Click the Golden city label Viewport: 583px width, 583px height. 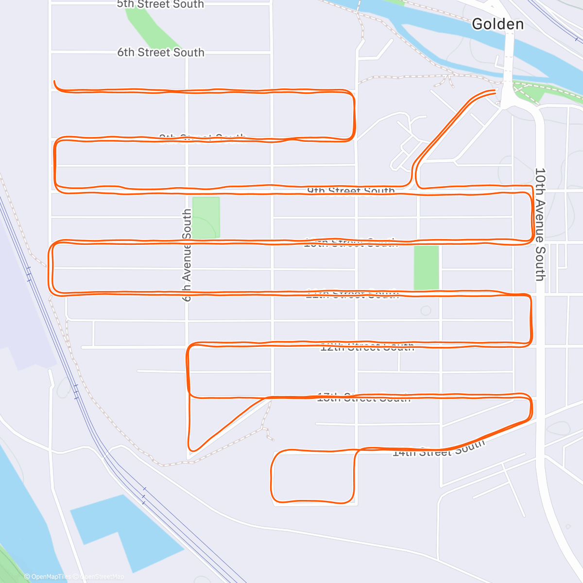point(497,24)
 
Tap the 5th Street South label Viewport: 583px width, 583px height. point(160,4)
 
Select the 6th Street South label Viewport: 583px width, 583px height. point(161,52)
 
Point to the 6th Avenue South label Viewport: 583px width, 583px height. point(187,255)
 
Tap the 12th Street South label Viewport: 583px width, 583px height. point(367,347)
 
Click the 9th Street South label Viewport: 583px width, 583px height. point(351,191)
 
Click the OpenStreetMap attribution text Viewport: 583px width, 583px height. point(102,577)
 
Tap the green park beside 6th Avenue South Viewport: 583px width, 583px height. point(206,217)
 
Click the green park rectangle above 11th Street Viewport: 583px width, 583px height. point(426,267)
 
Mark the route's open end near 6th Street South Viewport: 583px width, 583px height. point(54,82)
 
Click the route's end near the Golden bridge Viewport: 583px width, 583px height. point(495,91)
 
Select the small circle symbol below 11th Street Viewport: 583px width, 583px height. point(426,310)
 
